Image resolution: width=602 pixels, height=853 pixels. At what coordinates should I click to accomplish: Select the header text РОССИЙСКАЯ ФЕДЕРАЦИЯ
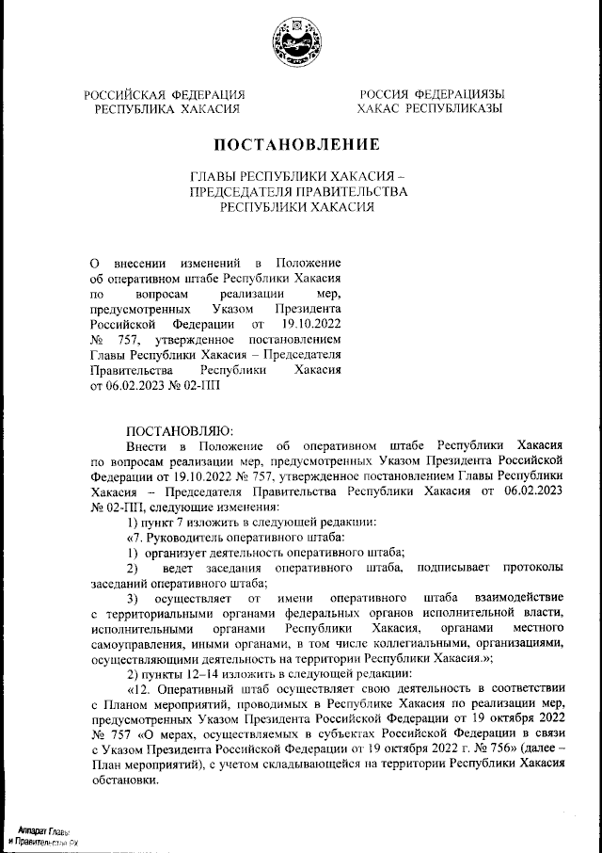click(165, 94)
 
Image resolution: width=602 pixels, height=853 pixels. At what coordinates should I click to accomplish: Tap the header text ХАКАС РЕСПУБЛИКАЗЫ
click(430, 109)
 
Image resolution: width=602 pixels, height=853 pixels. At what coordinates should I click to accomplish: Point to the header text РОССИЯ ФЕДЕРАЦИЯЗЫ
click(431, 94)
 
